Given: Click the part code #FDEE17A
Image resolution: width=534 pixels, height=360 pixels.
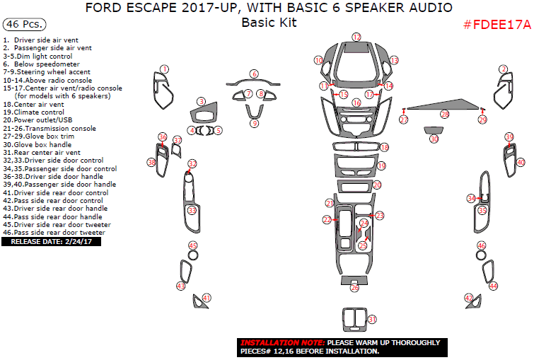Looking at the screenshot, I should [x=497, y=25].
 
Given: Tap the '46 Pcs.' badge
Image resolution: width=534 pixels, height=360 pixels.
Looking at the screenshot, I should [x=21, y=25].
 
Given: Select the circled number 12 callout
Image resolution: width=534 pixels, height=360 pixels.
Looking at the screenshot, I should [x=356, y=37].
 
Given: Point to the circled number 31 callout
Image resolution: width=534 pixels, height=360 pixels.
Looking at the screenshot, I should [x=372, y=320].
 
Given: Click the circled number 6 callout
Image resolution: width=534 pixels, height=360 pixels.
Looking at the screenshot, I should [x=254, y=74].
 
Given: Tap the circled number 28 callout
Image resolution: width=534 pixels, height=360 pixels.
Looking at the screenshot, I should [x=444, y=114].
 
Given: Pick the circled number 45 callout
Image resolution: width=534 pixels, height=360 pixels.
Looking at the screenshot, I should [x=192, y=245].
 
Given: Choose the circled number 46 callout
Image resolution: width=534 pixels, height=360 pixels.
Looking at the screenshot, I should [x=482, y=245].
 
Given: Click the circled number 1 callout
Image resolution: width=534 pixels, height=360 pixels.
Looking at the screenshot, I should [x=164, y=69].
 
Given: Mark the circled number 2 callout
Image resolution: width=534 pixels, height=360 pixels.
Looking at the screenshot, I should [x=504, y=69].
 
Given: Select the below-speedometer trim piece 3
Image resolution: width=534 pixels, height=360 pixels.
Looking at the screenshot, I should [x=204, y=115].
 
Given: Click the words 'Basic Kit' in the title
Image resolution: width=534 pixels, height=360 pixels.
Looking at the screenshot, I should [x=268, y=23].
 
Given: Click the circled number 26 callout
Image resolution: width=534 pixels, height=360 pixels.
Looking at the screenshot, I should [x=355, y=287].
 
